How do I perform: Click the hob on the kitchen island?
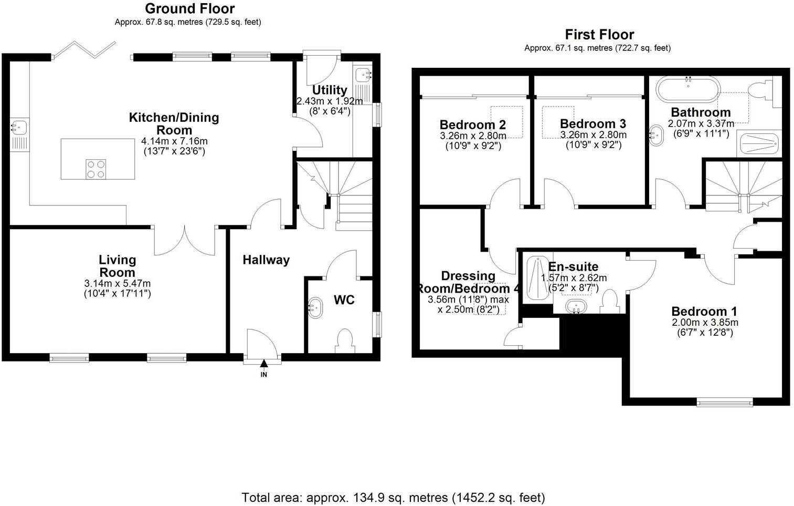(x=96, y=169)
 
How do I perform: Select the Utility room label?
(x=330, y=90)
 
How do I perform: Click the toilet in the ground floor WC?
(x=345, y=340)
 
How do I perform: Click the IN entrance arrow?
(x=264, y=364)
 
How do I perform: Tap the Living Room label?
(x=118, y=266)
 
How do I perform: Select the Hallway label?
(x=266, y=260)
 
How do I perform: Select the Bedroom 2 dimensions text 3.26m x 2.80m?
(x=473, y=136)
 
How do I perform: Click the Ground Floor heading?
(x=189, y=8)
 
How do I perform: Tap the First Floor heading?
(x=599, y=35)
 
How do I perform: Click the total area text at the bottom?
(x=393, y=497)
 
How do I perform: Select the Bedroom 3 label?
(x=592, y=124)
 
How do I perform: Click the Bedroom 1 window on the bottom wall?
(x=725, y=402)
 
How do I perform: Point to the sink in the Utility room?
(x=363, y=76)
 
